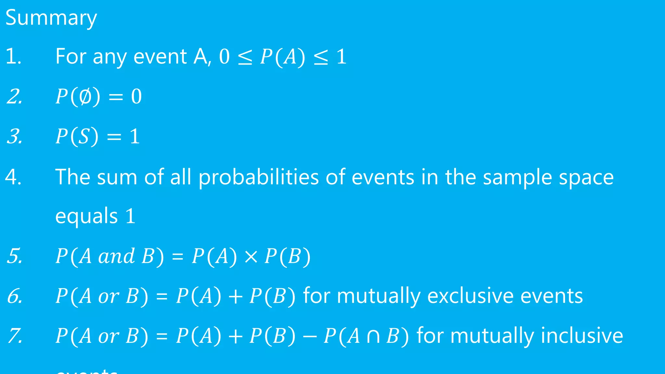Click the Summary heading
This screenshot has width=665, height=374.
pos(51,18)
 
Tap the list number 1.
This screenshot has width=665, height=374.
pos(13,56)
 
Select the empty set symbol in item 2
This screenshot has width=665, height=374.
pos(86,96)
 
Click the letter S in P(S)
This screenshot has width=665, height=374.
pos(84,136)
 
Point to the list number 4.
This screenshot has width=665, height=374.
pos(13,177)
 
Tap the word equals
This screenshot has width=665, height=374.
pos(86,216)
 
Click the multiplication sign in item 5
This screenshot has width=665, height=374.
pos(251,256)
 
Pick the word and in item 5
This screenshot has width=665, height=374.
pos(116,256)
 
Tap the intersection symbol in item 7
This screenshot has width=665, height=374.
pos(373,336)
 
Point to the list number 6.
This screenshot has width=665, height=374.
pos(15,296)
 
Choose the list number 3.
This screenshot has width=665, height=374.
pos(15,136)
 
